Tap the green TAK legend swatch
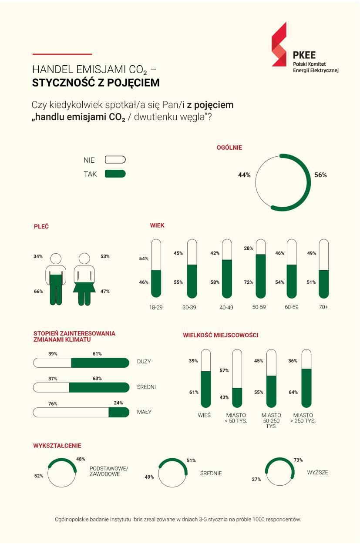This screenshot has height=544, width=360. click(x=115, y=174)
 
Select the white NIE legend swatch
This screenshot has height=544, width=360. click(x=115, y=160)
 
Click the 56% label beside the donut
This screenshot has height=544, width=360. click(x=320, y=175)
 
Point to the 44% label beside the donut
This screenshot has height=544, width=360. click(x=244, y=175)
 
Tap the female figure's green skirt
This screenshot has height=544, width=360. click(x=84, y=288)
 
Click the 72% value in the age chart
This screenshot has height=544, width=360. click(x=249, y=282)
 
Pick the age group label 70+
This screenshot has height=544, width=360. click(x=323, y=307)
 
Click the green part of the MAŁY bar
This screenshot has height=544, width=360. click(x=118, y=412)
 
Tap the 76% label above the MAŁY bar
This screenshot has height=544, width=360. click(x=53, y=403)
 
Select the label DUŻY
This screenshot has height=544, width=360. click(x=144, y=362)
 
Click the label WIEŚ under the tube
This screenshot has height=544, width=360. click(x=204, y=415)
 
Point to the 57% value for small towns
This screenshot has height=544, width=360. click(x=224, y=370)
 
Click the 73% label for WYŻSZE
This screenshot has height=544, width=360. click(x=298, y=460)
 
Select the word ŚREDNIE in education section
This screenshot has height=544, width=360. click(x=211, y=473)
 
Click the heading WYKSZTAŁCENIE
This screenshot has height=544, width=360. click(x=57, y=446)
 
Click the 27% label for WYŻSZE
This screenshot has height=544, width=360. click(x=256, y=479)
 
